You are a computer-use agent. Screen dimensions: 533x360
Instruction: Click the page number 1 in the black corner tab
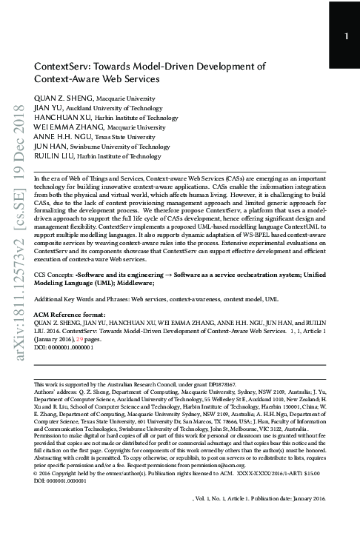pos(346,37)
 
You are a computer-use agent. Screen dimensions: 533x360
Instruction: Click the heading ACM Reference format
pos(68,314)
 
